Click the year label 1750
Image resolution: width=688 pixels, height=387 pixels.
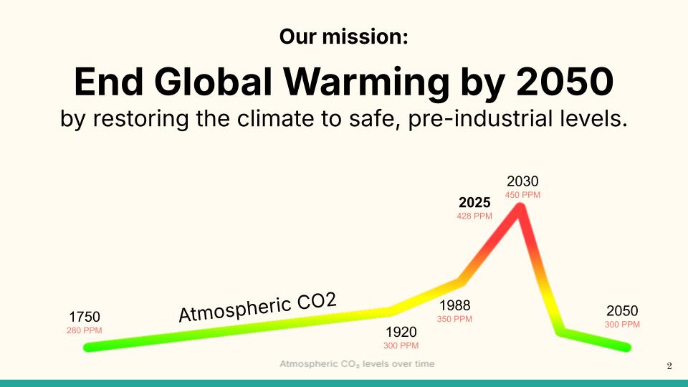point(85,317)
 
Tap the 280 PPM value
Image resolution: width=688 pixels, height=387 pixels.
point(85,330)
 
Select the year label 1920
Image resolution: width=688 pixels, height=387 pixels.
point(401,332)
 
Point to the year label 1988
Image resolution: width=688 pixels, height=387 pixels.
point(454,306)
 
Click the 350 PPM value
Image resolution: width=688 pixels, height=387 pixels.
point(454,319)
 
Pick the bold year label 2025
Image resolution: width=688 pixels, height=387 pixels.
point(474,202)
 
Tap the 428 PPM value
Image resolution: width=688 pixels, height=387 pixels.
point(474,216)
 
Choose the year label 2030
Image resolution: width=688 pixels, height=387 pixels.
point(522,181)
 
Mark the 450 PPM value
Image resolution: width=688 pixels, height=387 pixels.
point(522,194)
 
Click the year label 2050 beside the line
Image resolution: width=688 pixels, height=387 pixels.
point(622,311)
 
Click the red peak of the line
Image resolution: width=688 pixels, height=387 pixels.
point(521,208)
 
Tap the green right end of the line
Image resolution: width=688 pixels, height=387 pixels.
point(626,348)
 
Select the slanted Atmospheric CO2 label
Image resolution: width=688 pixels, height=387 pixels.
point(257,307)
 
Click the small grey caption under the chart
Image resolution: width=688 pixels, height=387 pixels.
point(357,364)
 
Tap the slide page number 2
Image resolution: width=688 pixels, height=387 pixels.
point(669,367)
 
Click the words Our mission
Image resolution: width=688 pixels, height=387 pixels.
point(343,37)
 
